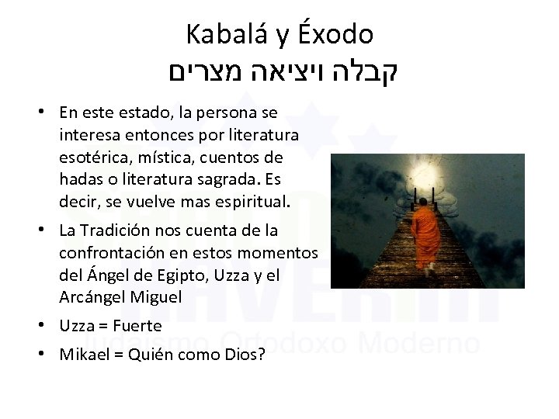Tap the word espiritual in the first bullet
pyautogui.click(x=248, y=203)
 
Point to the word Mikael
pyautogui.click(x=83, y=355)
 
